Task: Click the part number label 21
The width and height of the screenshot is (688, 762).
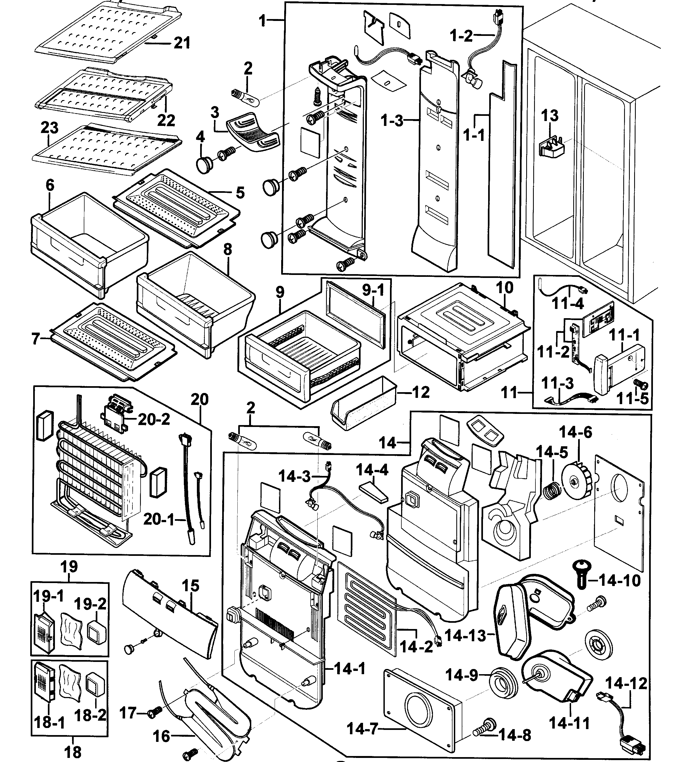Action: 182,43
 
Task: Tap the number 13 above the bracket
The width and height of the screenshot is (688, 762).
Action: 550,115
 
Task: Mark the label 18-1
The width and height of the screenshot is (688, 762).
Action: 49,722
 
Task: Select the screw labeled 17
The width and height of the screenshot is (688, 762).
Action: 156,711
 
